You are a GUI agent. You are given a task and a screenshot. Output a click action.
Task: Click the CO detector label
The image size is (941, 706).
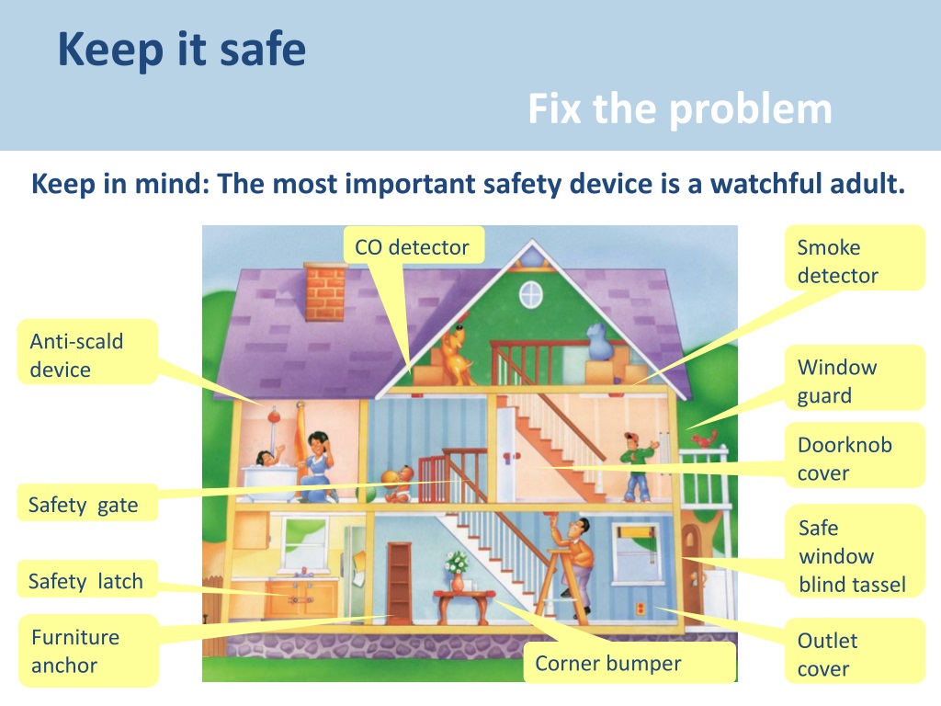pos(412,247)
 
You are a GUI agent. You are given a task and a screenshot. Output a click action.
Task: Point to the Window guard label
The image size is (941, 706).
pos(855,381)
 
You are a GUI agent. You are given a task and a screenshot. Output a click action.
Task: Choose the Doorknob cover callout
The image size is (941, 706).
pos(855,458)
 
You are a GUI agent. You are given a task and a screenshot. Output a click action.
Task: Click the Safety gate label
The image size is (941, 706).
pos(85,505)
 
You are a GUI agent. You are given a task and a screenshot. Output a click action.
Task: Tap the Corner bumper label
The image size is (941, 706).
pos(609,663)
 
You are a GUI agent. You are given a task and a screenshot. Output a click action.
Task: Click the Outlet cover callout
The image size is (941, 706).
pos(853,654)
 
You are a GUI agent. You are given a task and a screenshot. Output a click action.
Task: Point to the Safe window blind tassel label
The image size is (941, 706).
pos(855,555)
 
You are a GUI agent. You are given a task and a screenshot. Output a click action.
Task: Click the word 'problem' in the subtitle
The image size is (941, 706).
pos(750,110)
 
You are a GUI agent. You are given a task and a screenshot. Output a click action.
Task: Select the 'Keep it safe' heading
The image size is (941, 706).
pos(181,50)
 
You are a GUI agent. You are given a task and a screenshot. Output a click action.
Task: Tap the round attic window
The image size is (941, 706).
pos(531,294)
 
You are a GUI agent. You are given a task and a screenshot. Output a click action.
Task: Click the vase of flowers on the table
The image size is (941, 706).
pos(457,570)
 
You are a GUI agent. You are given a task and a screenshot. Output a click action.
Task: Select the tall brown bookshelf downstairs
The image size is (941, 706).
pos(400,580)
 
